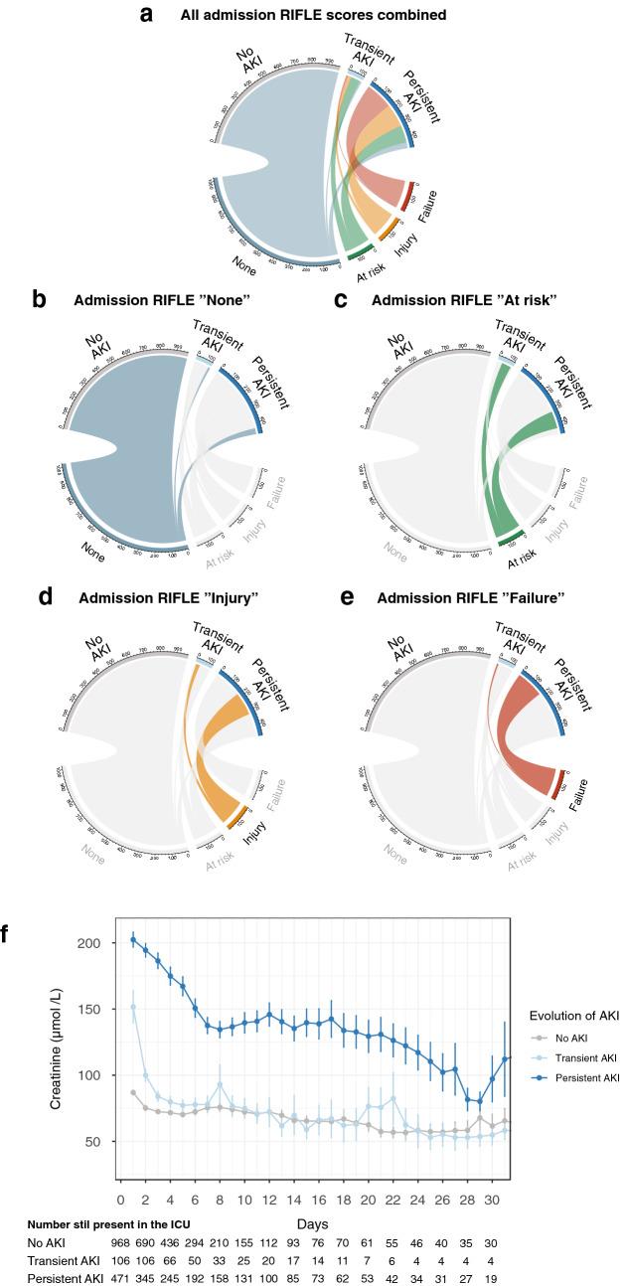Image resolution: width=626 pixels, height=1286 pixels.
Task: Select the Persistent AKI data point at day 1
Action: click(x=134, y=939)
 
